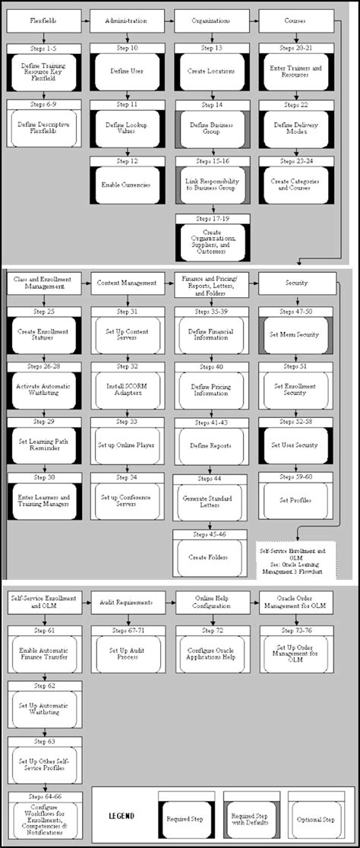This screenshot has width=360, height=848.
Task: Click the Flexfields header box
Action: pyautogui.click(x=44, y=22)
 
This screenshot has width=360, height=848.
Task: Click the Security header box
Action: pyautogui.click(x=295, y=283)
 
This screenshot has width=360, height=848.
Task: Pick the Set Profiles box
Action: pyautogui.click(x=295, y=500)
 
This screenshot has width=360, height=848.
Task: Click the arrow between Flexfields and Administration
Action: pyautogui.click(x=85, y=22)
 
